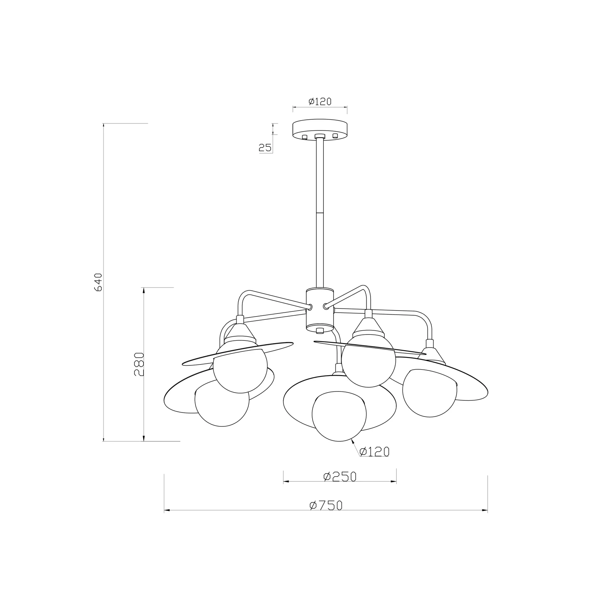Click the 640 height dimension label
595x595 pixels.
click(99, 282)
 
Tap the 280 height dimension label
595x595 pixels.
click(139, 364)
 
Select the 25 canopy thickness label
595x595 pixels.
click(265, 148)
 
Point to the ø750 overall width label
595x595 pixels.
click(325, 505)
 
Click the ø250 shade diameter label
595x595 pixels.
click(340, 476)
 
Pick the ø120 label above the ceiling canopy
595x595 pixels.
click(320, 102)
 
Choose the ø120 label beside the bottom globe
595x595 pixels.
click(374, 451)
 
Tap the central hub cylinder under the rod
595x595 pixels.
click(320, 309)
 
